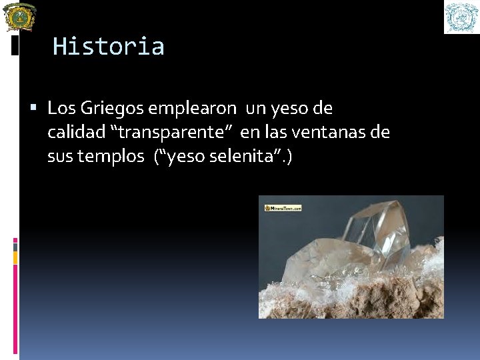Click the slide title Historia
coord(108,47)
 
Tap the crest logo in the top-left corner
coord(20,17)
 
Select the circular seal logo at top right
coord(461,17)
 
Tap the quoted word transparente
coord(175,132)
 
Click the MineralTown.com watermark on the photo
coord(283,208)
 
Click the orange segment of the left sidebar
coord(15,257)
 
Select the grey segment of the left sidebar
coord(15,247)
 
